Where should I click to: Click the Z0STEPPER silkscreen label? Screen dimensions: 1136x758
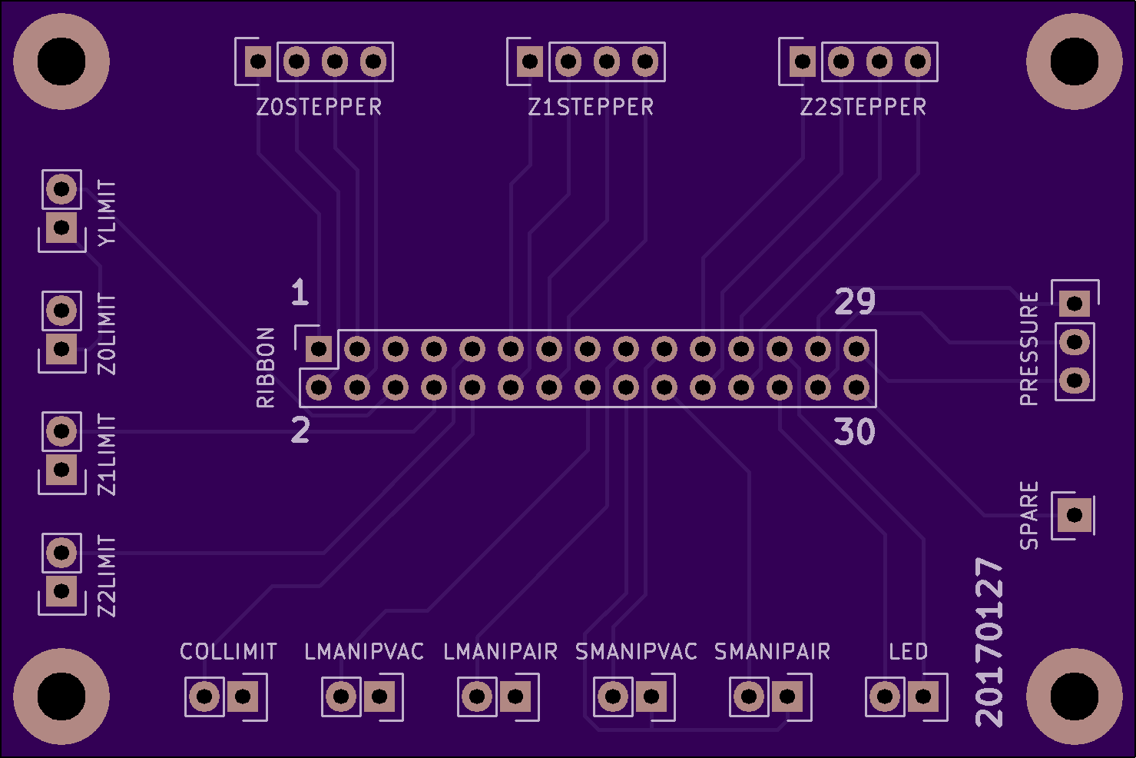pos(319,107)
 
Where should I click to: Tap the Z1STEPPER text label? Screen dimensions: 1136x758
pos(591,107)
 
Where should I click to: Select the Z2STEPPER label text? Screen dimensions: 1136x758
pos(863,107)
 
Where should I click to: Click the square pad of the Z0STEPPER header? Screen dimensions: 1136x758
pos(258,62)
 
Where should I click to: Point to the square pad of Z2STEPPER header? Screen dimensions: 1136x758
pos(803,62)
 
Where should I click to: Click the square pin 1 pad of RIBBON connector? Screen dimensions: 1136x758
pos(319,349)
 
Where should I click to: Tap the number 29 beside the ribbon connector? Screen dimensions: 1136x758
pos(855,301)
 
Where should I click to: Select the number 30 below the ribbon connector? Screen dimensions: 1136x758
pos(855,431)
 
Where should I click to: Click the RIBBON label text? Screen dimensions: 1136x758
pos(266,367)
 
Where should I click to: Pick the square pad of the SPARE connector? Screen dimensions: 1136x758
pos(1075,515)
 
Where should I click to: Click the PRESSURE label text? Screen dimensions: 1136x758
pos(1029,349)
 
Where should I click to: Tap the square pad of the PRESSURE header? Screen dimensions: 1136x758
pos(1075,304)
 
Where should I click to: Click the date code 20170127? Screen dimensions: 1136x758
pos(989,642)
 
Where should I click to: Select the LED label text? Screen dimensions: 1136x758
pos(909,651)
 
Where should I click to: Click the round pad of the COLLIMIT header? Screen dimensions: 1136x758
pos(204,696)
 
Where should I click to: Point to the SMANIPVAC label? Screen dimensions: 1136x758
pos(636,651)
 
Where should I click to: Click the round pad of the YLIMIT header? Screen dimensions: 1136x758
pos(61,189)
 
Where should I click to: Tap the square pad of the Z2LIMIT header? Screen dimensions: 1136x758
pos(61,591)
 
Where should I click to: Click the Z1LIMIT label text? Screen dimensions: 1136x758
pos(107,454)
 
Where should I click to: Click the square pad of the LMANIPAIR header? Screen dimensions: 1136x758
pos(515,696)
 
